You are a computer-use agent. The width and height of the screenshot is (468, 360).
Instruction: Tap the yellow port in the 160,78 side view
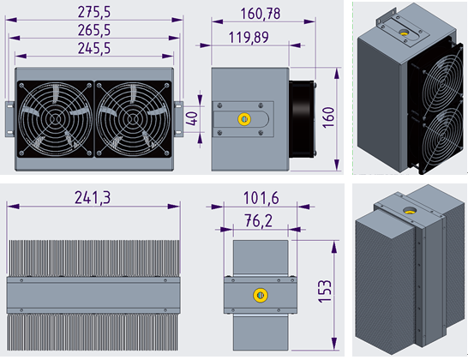pos(243,118)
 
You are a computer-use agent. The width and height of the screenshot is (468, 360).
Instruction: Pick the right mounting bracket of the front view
pos(181,118)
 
